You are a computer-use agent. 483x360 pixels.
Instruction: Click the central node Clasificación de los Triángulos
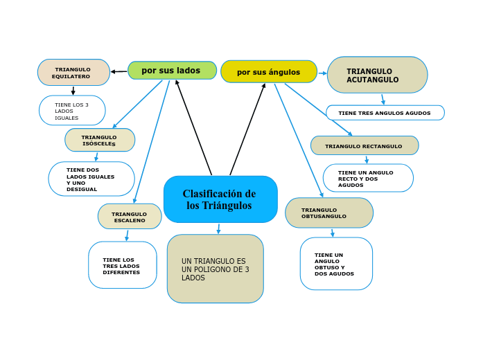[220, 199]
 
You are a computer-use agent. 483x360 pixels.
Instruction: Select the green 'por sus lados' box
[172, 71]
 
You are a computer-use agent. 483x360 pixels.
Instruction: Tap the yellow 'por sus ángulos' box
[269, 71]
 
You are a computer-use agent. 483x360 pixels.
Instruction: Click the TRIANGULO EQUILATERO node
[73, 73]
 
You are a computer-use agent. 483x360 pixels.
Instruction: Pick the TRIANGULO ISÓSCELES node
[100, 140]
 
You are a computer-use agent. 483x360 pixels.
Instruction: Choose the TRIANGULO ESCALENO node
[130, 217]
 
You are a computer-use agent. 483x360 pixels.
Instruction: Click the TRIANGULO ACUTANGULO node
[377, 75]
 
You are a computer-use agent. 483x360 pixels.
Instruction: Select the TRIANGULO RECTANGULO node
[365, 146]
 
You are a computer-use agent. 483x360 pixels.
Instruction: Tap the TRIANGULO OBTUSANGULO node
[329, 213]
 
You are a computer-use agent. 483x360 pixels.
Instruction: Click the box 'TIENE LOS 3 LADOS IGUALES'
[72, 111]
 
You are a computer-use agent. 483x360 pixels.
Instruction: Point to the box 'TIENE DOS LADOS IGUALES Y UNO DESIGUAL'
[91, 179]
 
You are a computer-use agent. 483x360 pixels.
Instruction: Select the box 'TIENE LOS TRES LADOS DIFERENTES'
[123, 266]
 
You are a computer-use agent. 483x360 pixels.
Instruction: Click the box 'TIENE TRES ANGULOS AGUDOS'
[385, 113]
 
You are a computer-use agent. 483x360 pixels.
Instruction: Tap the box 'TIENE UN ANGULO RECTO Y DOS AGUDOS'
[368, 179]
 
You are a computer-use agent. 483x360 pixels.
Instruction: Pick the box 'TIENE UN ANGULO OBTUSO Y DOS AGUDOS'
[336, 264]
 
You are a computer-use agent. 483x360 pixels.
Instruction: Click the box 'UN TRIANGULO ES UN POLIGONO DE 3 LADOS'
[216, 269]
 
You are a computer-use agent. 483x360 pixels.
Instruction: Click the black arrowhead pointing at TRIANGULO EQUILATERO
[114, 71]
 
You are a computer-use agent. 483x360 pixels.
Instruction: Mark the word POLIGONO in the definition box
[213, 269]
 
